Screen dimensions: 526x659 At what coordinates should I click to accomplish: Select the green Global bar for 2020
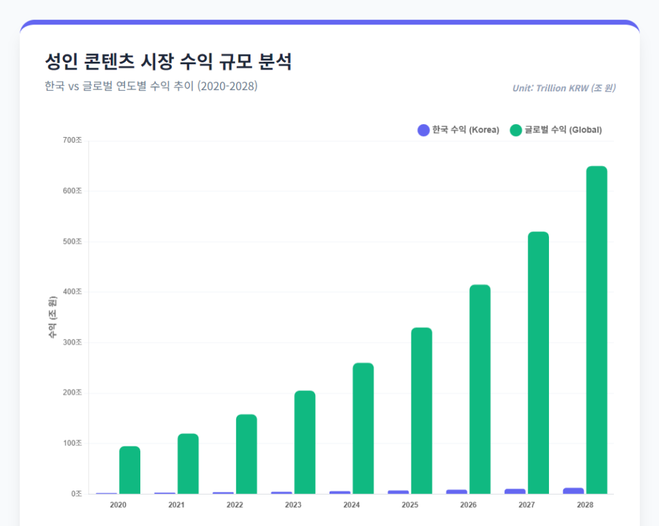point(129,470)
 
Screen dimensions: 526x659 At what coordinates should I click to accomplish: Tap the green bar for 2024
point(363,428)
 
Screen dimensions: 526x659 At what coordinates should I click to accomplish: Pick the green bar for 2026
point(479,389)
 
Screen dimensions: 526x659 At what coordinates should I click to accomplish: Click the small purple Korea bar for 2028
point(573,491)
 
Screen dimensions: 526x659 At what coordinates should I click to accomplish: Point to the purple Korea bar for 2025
point(398,492)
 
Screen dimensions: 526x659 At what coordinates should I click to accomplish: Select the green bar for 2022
point(246,454)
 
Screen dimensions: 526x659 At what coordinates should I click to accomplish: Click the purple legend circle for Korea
point(423,130)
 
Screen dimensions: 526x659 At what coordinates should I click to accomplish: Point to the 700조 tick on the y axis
point(72,140)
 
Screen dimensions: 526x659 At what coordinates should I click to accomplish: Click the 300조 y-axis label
point(72,342)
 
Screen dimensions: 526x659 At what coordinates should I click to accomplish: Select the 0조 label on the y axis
point(77,494)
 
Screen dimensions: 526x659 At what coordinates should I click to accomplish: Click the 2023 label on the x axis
point(293,505)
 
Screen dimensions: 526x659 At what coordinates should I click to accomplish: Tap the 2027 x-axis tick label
point(526,505)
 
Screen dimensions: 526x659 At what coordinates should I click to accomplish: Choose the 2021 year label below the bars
point(176,505)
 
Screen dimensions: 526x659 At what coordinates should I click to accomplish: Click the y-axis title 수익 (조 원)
point(52,317)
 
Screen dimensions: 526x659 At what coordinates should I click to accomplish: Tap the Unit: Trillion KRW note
point(563,88)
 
